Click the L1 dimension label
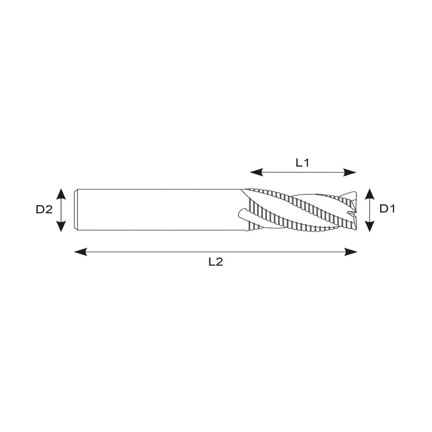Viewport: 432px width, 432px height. (x=302, y=163)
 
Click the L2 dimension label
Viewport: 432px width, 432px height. (x=215, y=262)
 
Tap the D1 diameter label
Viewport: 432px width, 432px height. (x=387, y=208)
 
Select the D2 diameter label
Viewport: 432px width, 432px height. (x=44, y=210)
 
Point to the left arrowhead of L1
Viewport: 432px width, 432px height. (x=256, y=172)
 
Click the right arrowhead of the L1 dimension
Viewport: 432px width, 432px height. (x=350, y=173)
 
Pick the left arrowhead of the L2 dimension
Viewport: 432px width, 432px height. (x=80, y=252)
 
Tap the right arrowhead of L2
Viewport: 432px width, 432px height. (x=351, y=252)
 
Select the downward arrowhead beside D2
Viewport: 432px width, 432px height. (x=61, y=226)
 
